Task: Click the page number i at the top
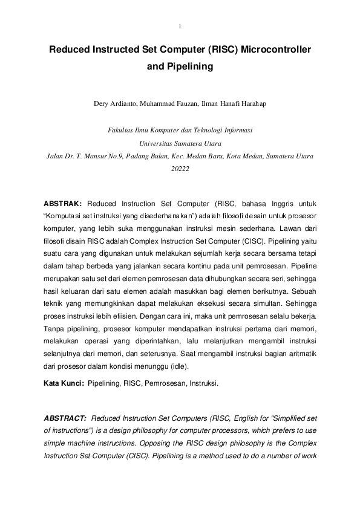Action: click(x=180, y=27)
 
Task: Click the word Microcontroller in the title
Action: click(x=276, y=52)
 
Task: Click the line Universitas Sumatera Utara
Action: click(x=180, y=143)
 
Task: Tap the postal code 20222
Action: click(x=180, y=169)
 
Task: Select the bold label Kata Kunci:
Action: click(x=64, y=383)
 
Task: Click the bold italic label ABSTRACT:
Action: click(x=65, y=418)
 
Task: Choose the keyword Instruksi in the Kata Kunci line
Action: click(x=203, y=383)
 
